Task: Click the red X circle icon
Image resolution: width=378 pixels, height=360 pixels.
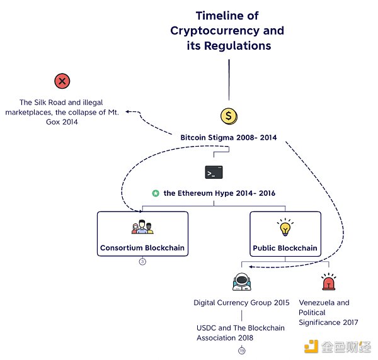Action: point(62,81)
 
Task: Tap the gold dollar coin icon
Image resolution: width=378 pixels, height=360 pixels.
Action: point(229,116)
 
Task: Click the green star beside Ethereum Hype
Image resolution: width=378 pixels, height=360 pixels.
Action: point(156,193)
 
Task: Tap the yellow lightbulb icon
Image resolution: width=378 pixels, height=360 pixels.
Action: point(285,227)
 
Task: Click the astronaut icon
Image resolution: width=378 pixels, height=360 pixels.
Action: point(241,283)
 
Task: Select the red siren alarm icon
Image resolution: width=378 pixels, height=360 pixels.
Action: point(328,283)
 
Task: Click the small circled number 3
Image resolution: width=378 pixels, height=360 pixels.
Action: point(142,261)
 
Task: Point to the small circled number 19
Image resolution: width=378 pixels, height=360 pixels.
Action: point(241,351)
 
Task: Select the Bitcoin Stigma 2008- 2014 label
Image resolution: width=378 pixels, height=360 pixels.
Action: point(229,137)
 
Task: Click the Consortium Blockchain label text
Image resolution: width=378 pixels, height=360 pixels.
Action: point(142,248)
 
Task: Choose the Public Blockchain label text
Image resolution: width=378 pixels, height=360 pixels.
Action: point(285,248)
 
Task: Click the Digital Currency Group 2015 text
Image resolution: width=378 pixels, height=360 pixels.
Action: point(241,303)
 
